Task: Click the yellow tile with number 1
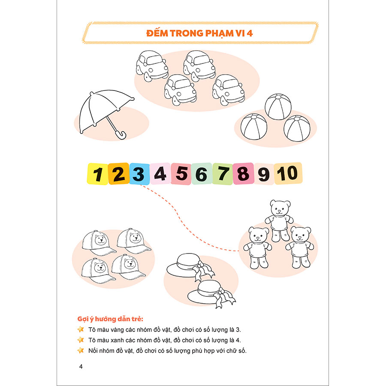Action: [x=97, y=174]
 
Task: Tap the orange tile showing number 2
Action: [x=119, y=174]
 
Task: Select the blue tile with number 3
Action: [x=139, y=174]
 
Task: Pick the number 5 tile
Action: [x=181, y=174]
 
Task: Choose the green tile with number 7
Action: [x=223, y=174]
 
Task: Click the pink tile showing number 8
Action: [x=244, y=174]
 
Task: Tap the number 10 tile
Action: [x=288, y=173]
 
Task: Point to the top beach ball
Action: [x=278, y=107]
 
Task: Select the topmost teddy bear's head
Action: [x=280, y=208]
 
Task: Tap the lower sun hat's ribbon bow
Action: [x=223, y=298]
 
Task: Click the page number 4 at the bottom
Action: [x=81, y=367]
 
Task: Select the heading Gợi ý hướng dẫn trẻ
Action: [x=110, y=319]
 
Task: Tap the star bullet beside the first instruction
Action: [x=81, y=329]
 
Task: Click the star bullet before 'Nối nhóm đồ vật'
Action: [x=81, y=350]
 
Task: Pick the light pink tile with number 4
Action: [x=160, y=174]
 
